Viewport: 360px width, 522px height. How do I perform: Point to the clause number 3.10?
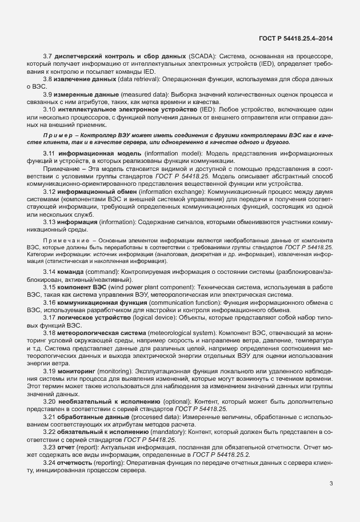tap(50, 109)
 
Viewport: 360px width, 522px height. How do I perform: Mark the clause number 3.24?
tap(50, 461)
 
